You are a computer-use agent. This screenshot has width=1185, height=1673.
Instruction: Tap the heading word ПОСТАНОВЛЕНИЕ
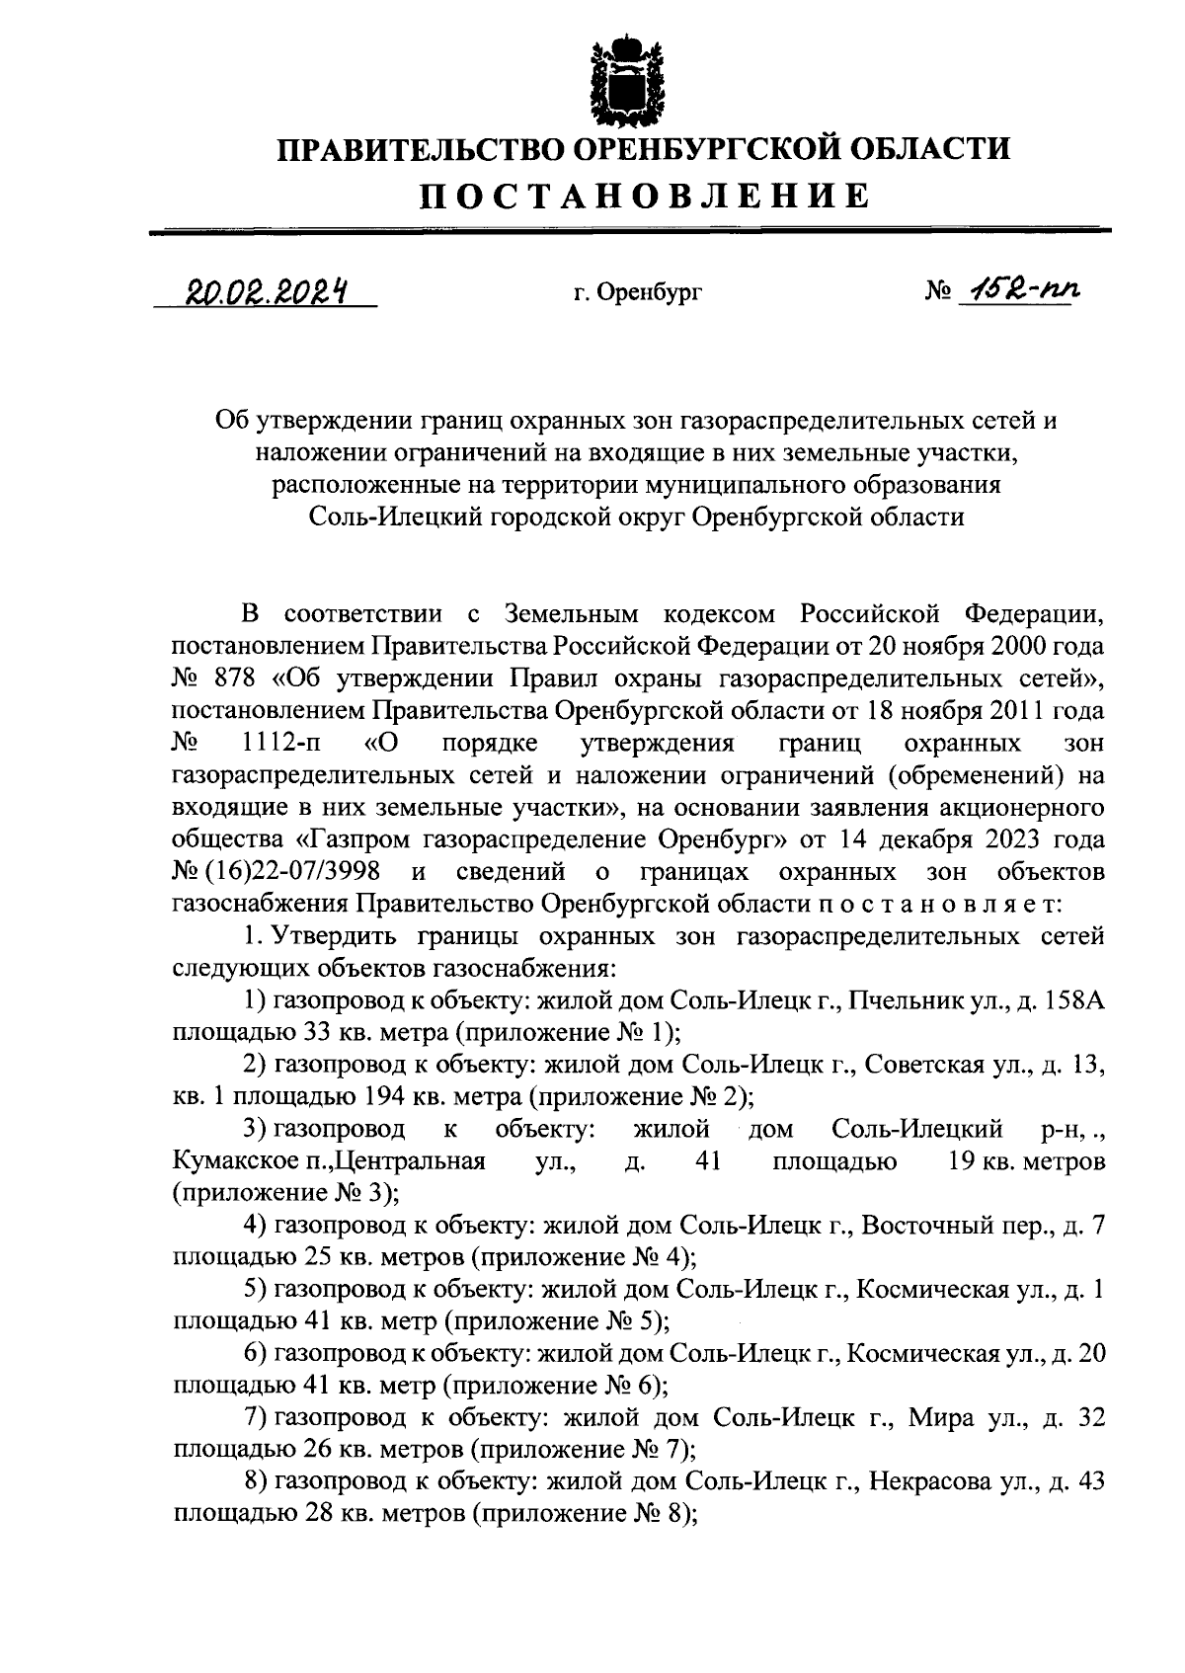point(646,196)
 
